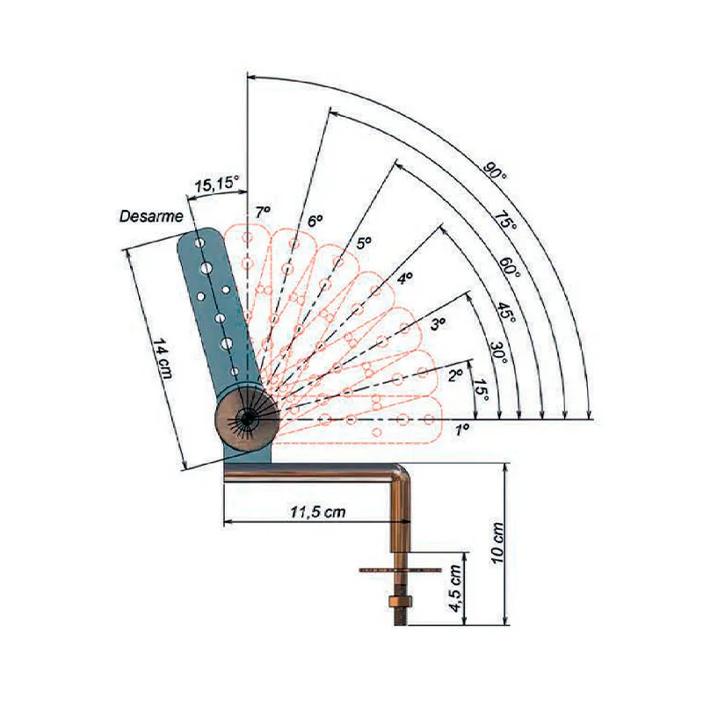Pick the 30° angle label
[497, 351]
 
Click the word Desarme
[151, 215]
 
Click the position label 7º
[263, 212]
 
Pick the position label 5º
[364, 242]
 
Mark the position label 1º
[462, 429]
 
